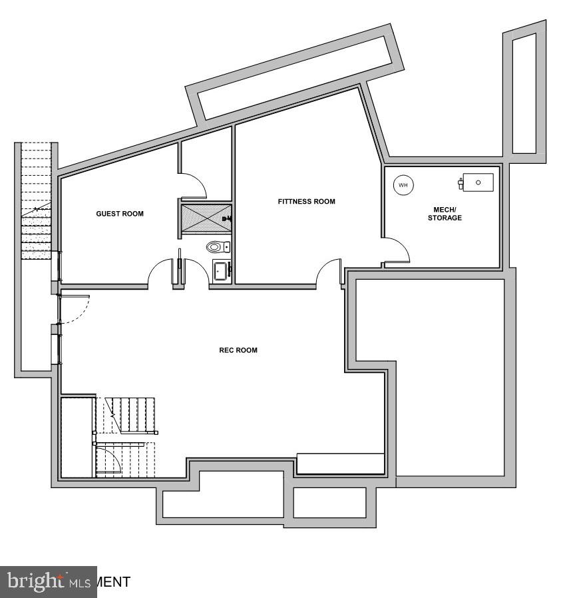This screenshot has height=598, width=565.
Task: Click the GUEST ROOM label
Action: pyautogui.click(x=120, y=214)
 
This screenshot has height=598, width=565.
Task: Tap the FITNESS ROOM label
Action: pyautogui.click(x=306, y=201)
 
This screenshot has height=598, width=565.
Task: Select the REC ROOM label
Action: pyautogui.click(x=238, y=350)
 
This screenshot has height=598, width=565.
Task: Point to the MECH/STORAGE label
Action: pyautogui.click(x=445, y=214)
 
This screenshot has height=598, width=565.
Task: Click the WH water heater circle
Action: pyautogui.click(x=403, y=184)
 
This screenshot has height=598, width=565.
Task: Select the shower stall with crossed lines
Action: pyautogui.click(x=204, y=217)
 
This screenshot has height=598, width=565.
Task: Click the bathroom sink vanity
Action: pyautogui.click(x=221, y=270)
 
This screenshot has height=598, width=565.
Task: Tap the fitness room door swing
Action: pyautogui.click(x=330, y=272)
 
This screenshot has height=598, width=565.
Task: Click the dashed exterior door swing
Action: pyautogui.click(x=73, y=308)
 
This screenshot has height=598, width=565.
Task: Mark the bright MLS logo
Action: pyautogui.click(x=49, y=581)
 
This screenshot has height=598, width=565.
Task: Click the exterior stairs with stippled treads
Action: pyautogui.click(x=36, y=233)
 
